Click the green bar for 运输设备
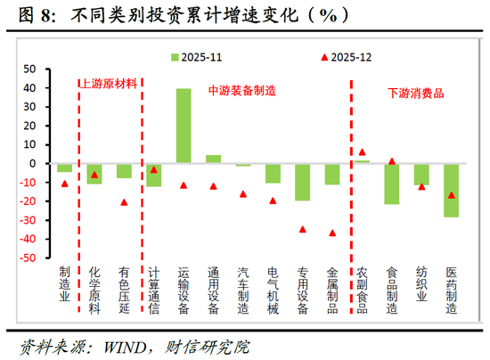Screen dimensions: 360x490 point(184,126)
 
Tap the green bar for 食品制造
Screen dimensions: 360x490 point(392,184)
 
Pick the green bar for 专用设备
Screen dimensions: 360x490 point(303,182)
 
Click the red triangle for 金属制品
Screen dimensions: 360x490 point(332,233)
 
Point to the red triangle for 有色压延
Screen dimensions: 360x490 point(124,202)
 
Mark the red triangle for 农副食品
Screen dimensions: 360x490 point(362,152)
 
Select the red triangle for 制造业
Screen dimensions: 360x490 point(65,184)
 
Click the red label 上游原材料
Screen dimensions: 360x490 point(109,84)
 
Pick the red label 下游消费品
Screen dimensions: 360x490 point(415,93)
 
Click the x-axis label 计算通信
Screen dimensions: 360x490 point(154,290)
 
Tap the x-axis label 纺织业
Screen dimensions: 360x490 point(421,283)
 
